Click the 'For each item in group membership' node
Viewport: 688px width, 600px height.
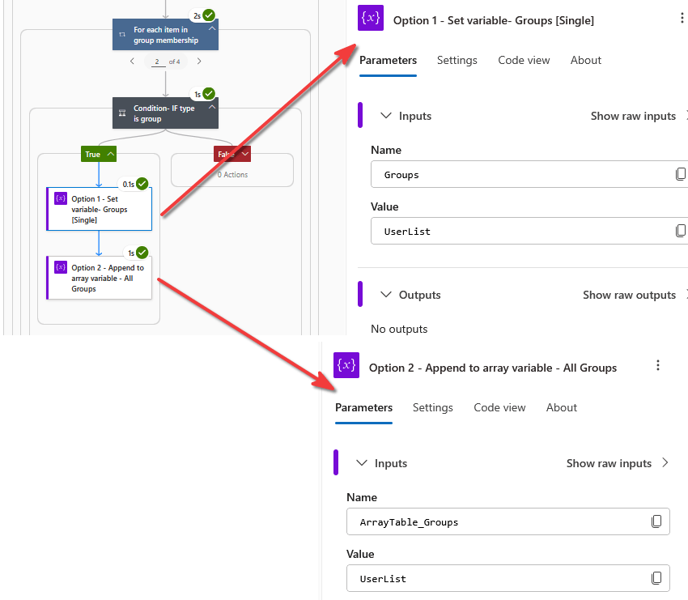pos(165,35)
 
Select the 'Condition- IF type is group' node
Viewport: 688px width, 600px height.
pos(165,113)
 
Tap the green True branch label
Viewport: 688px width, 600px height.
pos(99,154)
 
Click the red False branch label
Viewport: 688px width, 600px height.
pos(232,154)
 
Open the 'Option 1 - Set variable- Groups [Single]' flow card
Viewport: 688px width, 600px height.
pos(100,209)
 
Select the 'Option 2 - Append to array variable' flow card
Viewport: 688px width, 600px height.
pos(100,278)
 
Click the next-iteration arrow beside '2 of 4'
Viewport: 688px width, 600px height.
pos(199,62)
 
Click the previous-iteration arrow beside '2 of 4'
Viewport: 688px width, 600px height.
pos(132,62)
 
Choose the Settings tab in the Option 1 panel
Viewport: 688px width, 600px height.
pos(457,60)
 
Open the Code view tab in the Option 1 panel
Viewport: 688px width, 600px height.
pos(524,60)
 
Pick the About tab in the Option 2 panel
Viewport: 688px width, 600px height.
pos(561,407)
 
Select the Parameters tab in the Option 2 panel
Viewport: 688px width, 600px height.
pos(363,407)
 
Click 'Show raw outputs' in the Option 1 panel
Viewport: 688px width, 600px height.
pos(629,295)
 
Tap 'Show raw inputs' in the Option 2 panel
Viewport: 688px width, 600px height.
pos(609,463)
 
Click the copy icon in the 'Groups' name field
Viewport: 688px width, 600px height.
pos(681,174)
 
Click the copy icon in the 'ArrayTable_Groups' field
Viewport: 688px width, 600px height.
pos(656,521)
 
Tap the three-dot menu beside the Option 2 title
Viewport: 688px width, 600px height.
pos(658,366)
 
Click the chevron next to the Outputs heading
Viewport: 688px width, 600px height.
pos(385,295)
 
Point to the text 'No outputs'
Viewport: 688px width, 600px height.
pos(399,329)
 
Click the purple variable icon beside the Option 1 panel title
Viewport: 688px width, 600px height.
pos(371,18)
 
